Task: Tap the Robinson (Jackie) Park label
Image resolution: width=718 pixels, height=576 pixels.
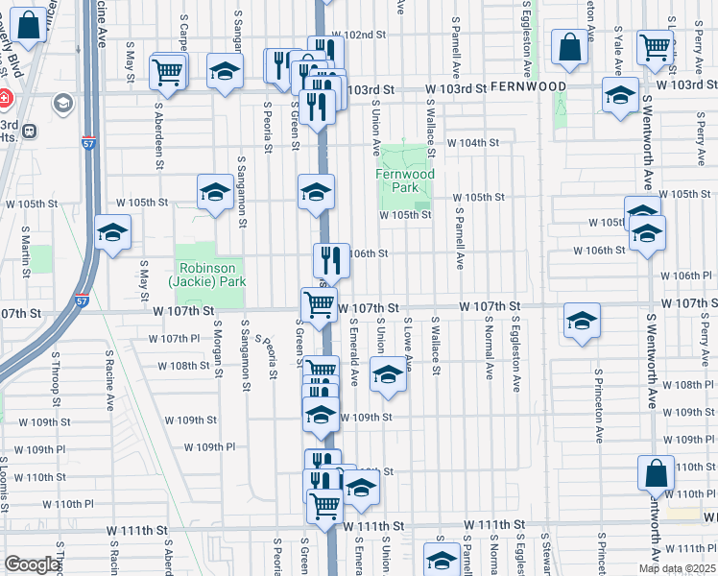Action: coord(208,275)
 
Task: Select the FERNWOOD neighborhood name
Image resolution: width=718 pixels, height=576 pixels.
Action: coord(528,86)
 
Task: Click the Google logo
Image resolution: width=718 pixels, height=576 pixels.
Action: coord(32,564)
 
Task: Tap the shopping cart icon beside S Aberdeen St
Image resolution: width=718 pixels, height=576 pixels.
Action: coord(168,71)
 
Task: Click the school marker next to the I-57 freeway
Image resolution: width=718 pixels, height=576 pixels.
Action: coord(112,233)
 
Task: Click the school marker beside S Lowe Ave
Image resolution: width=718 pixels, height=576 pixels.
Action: coord(388,374)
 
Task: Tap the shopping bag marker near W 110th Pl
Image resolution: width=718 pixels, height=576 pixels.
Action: coord(656,473)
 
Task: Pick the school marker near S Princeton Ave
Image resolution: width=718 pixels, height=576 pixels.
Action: coord(582,323)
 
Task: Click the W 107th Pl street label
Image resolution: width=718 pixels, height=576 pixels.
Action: coord(174,339)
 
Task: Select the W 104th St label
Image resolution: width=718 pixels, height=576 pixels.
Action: coord(480,143)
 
